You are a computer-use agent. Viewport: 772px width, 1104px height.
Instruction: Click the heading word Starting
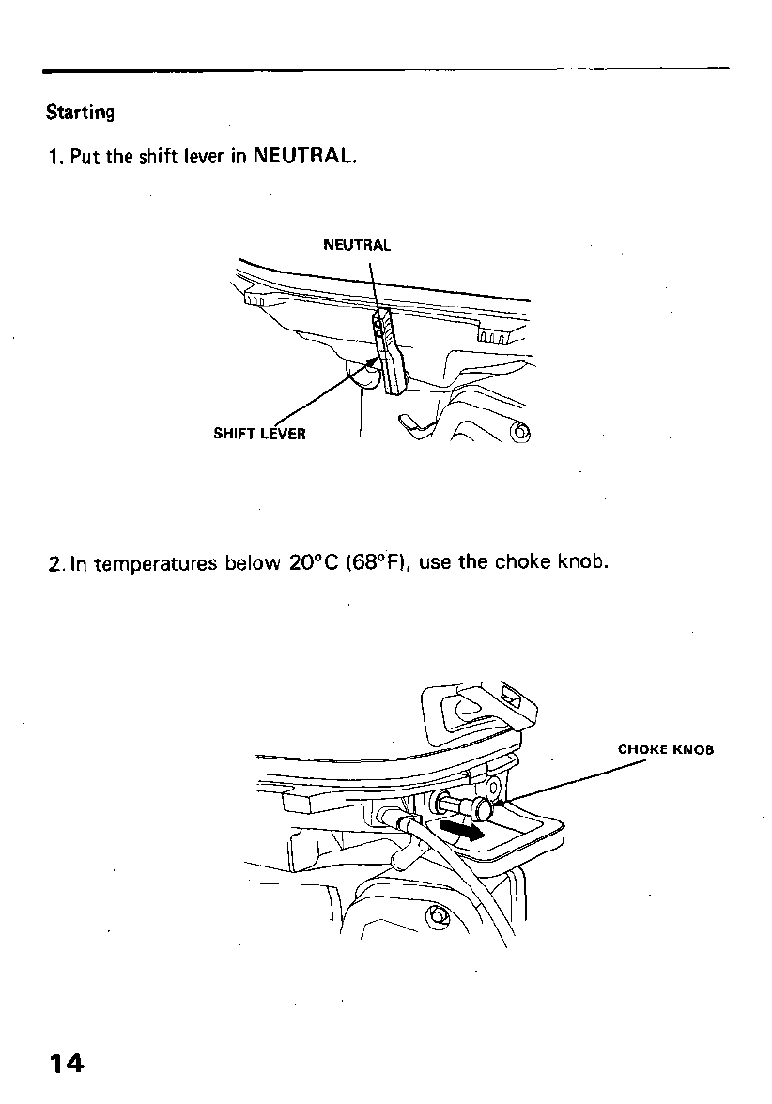80,113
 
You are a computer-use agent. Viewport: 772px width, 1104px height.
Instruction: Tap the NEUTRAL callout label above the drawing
356,246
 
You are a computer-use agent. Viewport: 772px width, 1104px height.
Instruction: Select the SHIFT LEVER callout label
259,435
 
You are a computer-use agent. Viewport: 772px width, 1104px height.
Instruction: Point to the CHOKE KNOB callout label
666,750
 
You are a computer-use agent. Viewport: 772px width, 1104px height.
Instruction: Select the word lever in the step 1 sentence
208,157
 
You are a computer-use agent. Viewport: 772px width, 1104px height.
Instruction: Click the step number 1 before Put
54,157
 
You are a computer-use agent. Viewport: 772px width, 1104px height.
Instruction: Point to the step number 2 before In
54,564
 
